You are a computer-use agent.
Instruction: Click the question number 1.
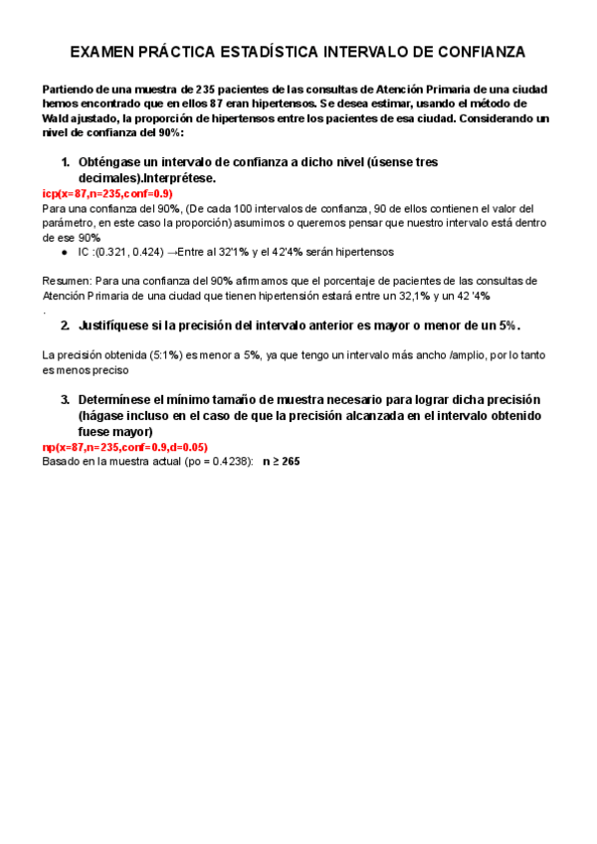pyautogui.click(x=65, y=161)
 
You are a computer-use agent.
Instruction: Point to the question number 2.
pyautogui.click(x=65, y=325)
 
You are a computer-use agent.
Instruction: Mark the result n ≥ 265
pyautogui.click(x=282, y=462)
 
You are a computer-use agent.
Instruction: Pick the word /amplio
pyautogui.click(x=440, y=355)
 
